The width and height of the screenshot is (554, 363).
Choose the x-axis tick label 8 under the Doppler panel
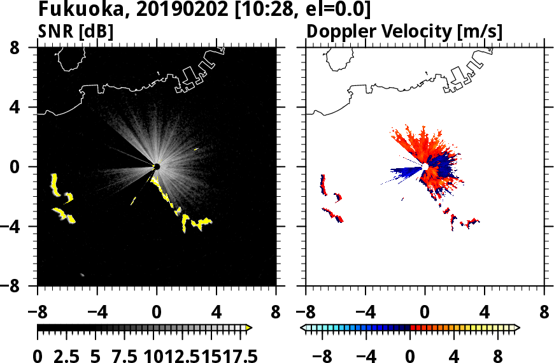544,313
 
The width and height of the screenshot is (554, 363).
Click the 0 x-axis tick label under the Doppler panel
425,313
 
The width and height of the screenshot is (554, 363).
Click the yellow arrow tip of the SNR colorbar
249,328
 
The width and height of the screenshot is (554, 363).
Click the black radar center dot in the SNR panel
156,167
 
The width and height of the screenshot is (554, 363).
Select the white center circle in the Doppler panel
425,167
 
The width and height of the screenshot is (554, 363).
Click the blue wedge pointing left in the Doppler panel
404,171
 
